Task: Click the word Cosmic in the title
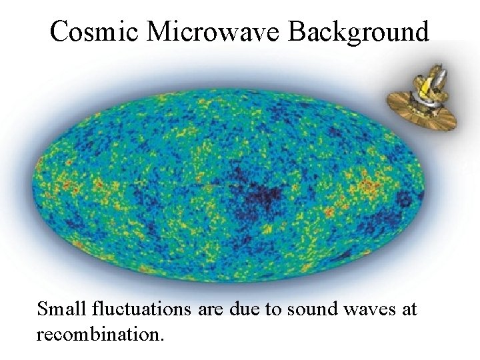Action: coord(93,31)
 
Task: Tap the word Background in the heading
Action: coord(359,31)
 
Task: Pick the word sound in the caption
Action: coord(314,309)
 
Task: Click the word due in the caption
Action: coord(249,309)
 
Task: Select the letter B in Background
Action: coord(297,31)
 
